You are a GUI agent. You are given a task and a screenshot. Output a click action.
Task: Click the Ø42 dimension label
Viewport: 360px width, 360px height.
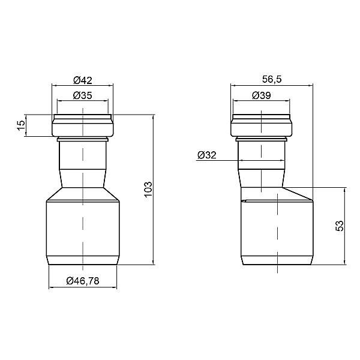point(83,80)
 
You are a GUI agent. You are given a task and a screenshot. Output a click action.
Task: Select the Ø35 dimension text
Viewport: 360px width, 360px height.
point(83,95)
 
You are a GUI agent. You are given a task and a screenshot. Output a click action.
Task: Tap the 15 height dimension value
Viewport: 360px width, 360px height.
point(21,125)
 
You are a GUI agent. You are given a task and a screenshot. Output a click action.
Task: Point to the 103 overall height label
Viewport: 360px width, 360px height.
point(148,189)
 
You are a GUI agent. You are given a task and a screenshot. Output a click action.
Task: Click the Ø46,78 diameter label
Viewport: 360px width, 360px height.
point(83,281)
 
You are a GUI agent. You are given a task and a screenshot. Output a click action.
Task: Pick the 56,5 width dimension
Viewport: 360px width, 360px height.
point(272,79)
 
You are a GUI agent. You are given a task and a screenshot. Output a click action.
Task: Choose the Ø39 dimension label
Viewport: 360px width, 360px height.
point(261,95)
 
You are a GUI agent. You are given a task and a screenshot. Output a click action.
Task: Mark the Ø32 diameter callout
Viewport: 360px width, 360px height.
point(207,155)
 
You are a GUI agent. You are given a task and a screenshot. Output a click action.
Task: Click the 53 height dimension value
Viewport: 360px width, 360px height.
point(340,226)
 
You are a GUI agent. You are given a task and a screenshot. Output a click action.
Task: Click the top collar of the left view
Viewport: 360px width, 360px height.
point(83,125)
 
